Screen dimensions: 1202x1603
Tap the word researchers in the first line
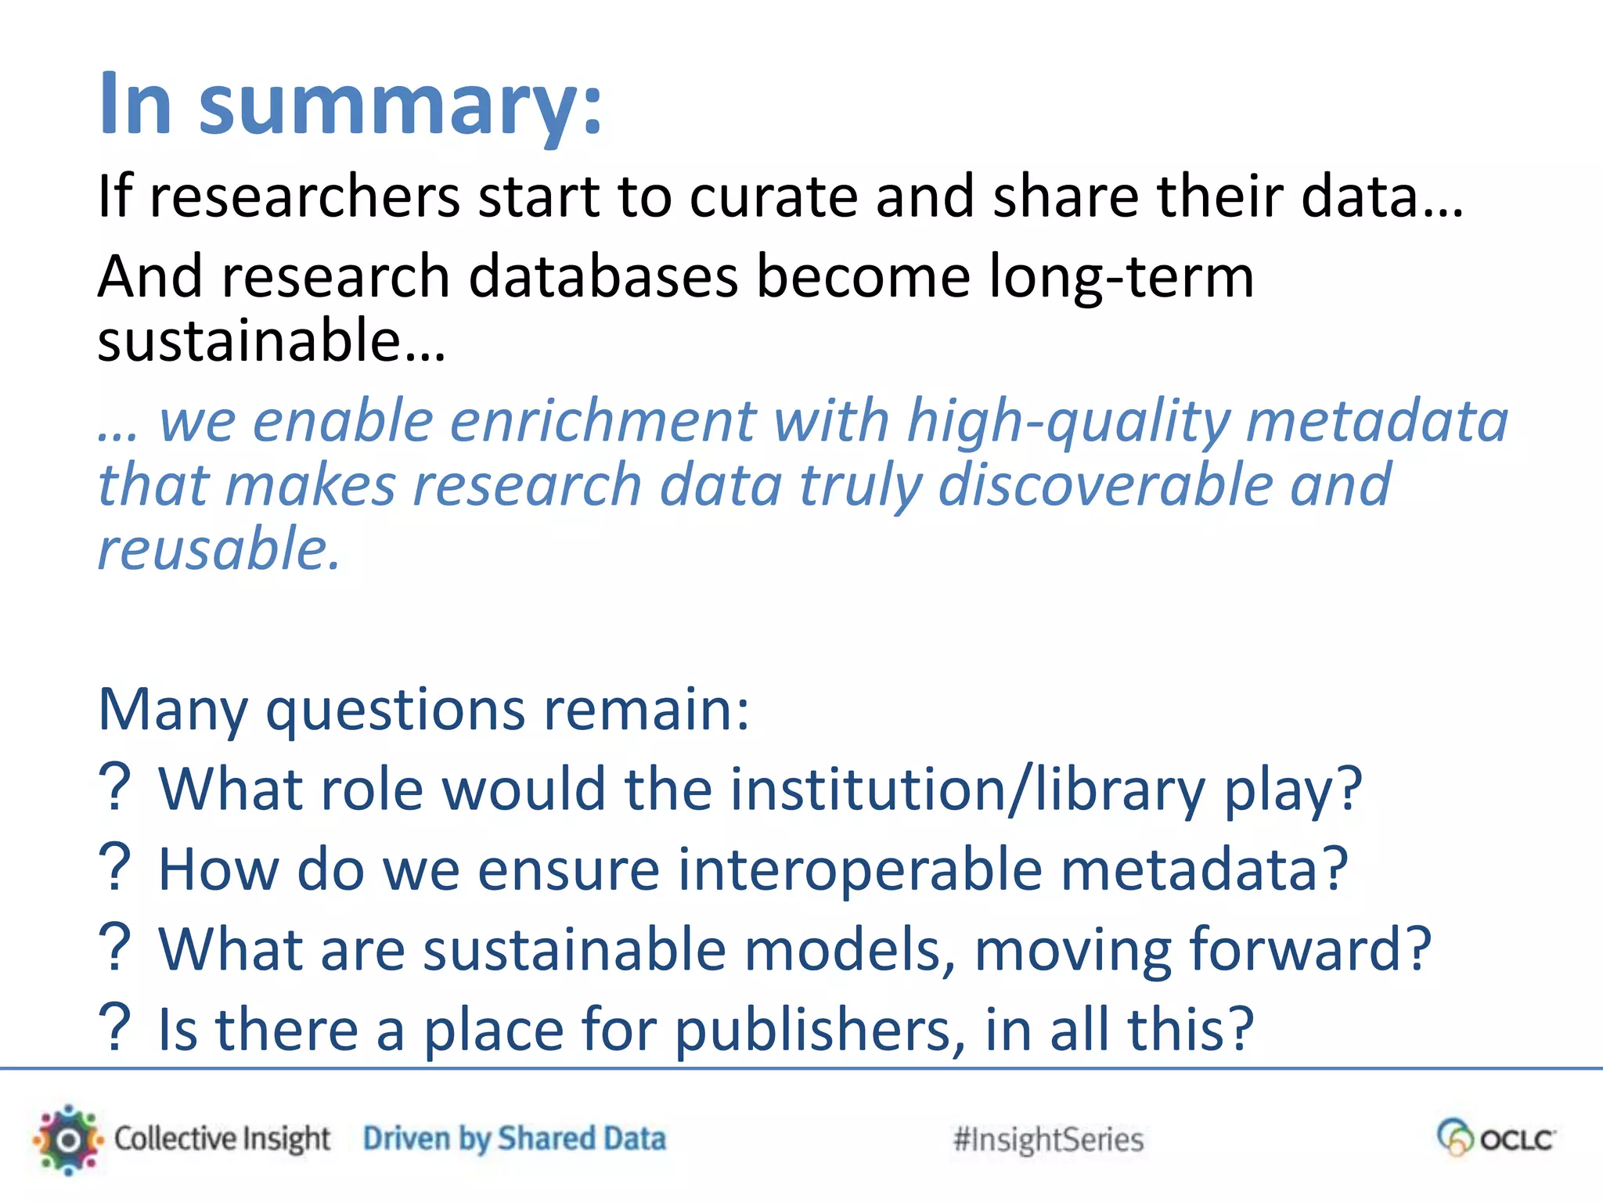click(x=304, y=196)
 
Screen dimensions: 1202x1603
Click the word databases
click(x=603, y=277)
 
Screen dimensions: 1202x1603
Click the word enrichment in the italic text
click(x=603, y=421)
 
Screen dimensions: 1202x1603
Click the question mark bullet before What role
click(x=115, y=788)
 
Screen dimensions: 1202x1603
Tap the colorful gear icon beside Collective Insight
click(x=68, y=1139)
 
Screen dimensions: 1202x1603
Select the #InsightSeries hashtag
click(x=1048, y=1140)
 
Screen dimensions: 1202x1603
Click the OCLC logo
click(x=1496, y=1138)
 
